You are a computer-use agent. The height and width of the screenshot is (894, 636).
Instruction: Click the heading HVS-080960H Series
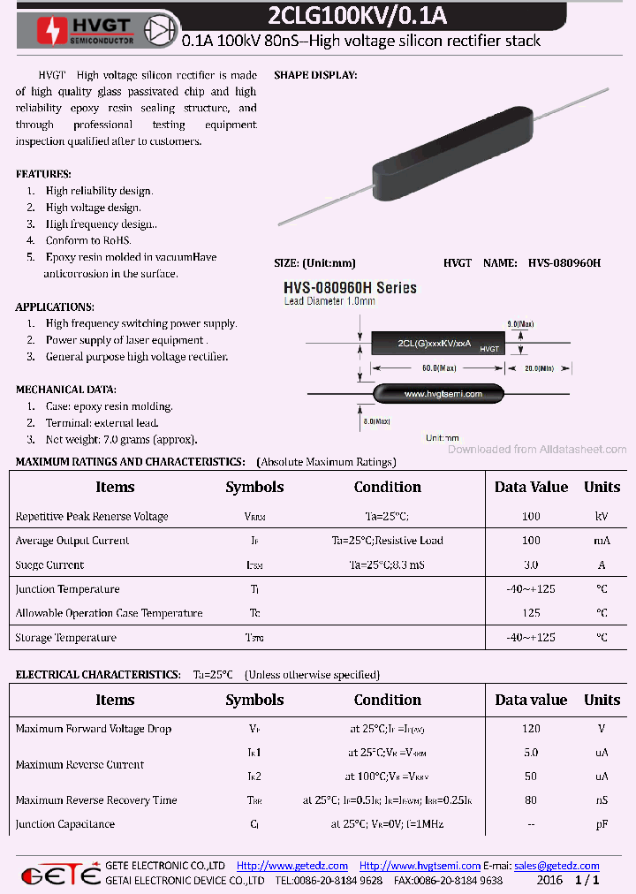(x=350, y=288)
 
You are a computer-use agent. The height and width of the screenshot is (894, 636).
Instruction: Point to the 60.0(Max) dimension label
(x=438, y=367)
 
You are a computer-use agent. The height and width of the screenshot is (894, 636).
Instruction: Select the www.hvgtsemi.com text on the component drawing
(x=443, y=393)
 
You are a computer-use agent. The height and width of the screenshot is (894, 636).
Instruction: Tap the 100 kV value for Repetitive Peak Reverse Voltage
(x=531, y=516)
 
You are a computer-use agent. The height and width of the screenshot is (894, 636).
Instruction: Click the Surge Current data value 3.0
(x=531, y=564)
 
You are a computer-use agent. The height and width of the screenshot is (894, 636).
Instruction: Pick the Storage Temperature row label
(x=65, y=637)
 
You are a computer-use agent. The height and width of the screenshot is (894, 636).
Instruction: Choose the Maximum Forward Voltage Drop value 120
(x=531, y=729)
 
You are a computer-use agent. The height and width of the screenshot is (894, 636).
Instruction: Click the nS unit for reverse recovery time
(x=602, y=800)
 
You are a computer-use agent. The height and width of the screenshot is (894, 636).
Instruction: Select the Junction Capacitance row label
(x=65, y=824)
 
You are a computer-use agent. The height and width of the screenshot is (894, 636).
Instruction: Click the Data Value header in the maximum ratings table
(x=531, y=487)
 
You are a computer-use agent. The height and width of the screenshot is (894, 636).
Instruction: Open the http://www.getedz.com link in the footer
(x=292, y=866)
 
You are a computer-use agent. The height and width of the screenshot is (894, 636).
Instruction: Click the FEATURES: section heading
(x=43, y=174)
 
